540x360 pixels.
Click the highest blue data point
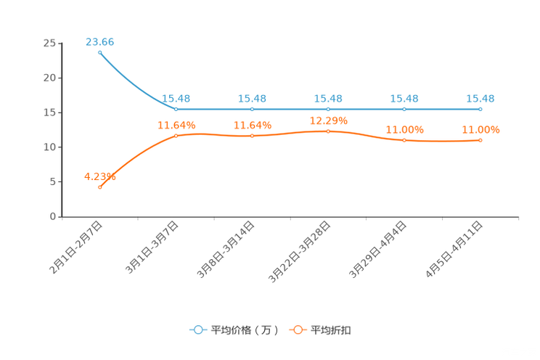tap(99, 52)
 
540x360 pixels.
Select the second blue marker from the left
tap(176, 109)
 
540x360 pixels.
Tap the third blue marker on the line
tap(252, 109)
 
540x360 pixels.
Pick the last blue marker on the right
tap(480, 109)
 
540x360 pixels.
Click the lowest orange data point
tap(99, 187)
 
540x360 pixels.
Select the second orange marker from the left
tap(176, 136)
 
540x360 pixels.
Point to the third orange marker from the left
tap(252, 136)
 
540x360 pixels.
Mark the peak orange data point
tap(328, 131)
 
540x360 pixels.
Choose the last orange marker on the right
tap(480, 140)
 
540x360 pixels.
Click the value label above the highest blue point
tap(99, 41)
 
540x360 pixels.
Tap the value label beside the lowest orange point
tap(99, 176)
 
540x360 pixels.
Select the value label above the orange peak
tap(328, 120)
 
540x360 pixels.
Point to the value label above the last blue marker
tap(480, 98)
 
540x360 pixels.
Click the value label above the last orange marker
tap(480, 129)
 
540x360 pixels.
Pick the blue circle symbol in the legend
tap(198, 330)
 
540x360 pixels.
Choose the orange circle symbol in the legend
tap(297, 330)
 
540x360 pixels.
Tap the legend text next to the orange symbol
tap(332, 330)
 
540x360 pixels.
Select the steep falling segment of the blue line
tap(134, 83)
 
